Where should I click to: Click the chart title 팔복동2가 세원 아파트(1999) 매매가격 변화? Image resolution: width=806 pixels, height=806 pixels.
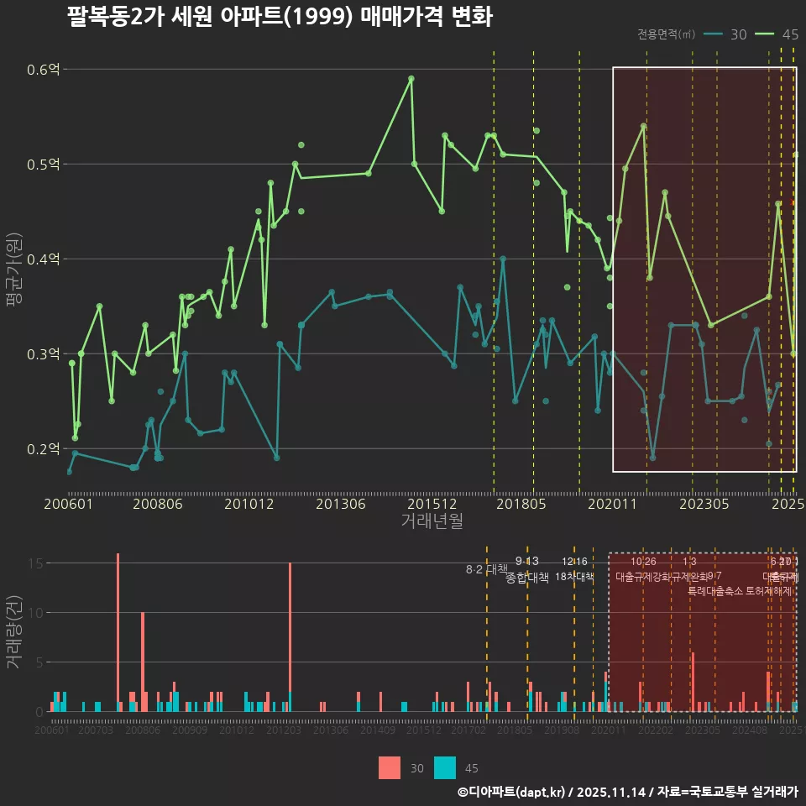point(279,17)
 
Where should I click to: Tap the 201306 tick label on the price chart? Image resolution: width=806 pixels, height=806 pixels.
point(339,504)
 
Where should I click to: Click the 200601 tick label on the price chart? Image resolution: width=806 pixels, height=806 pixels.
point(68,504)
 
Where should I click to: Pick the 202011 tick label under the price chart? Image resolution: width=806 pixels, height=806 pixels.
point(612,504)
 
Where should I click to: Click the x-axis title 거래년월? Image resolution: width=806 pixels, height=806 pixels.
point(432,521)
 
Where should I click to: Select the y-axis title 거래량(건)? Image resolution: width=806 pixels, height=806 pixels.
point(14,632)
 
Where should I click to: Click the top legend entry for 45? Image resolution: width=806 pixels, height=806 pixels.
point(777,34)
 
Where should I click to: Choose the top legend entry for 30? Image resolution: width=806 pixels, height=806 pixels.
point(726,34)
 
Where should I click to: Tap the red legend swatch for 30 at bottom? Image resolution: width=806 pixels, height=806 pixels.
point(390,767)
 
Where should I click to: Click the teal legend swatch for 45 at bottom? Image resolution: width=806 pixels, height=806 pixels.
point(445,767)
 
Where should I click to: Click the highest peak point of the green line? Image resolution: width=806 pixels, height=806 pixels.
point(411,78)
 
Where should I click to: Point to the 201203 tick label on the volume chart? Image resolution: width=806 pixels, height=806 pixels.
point(284,730)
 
